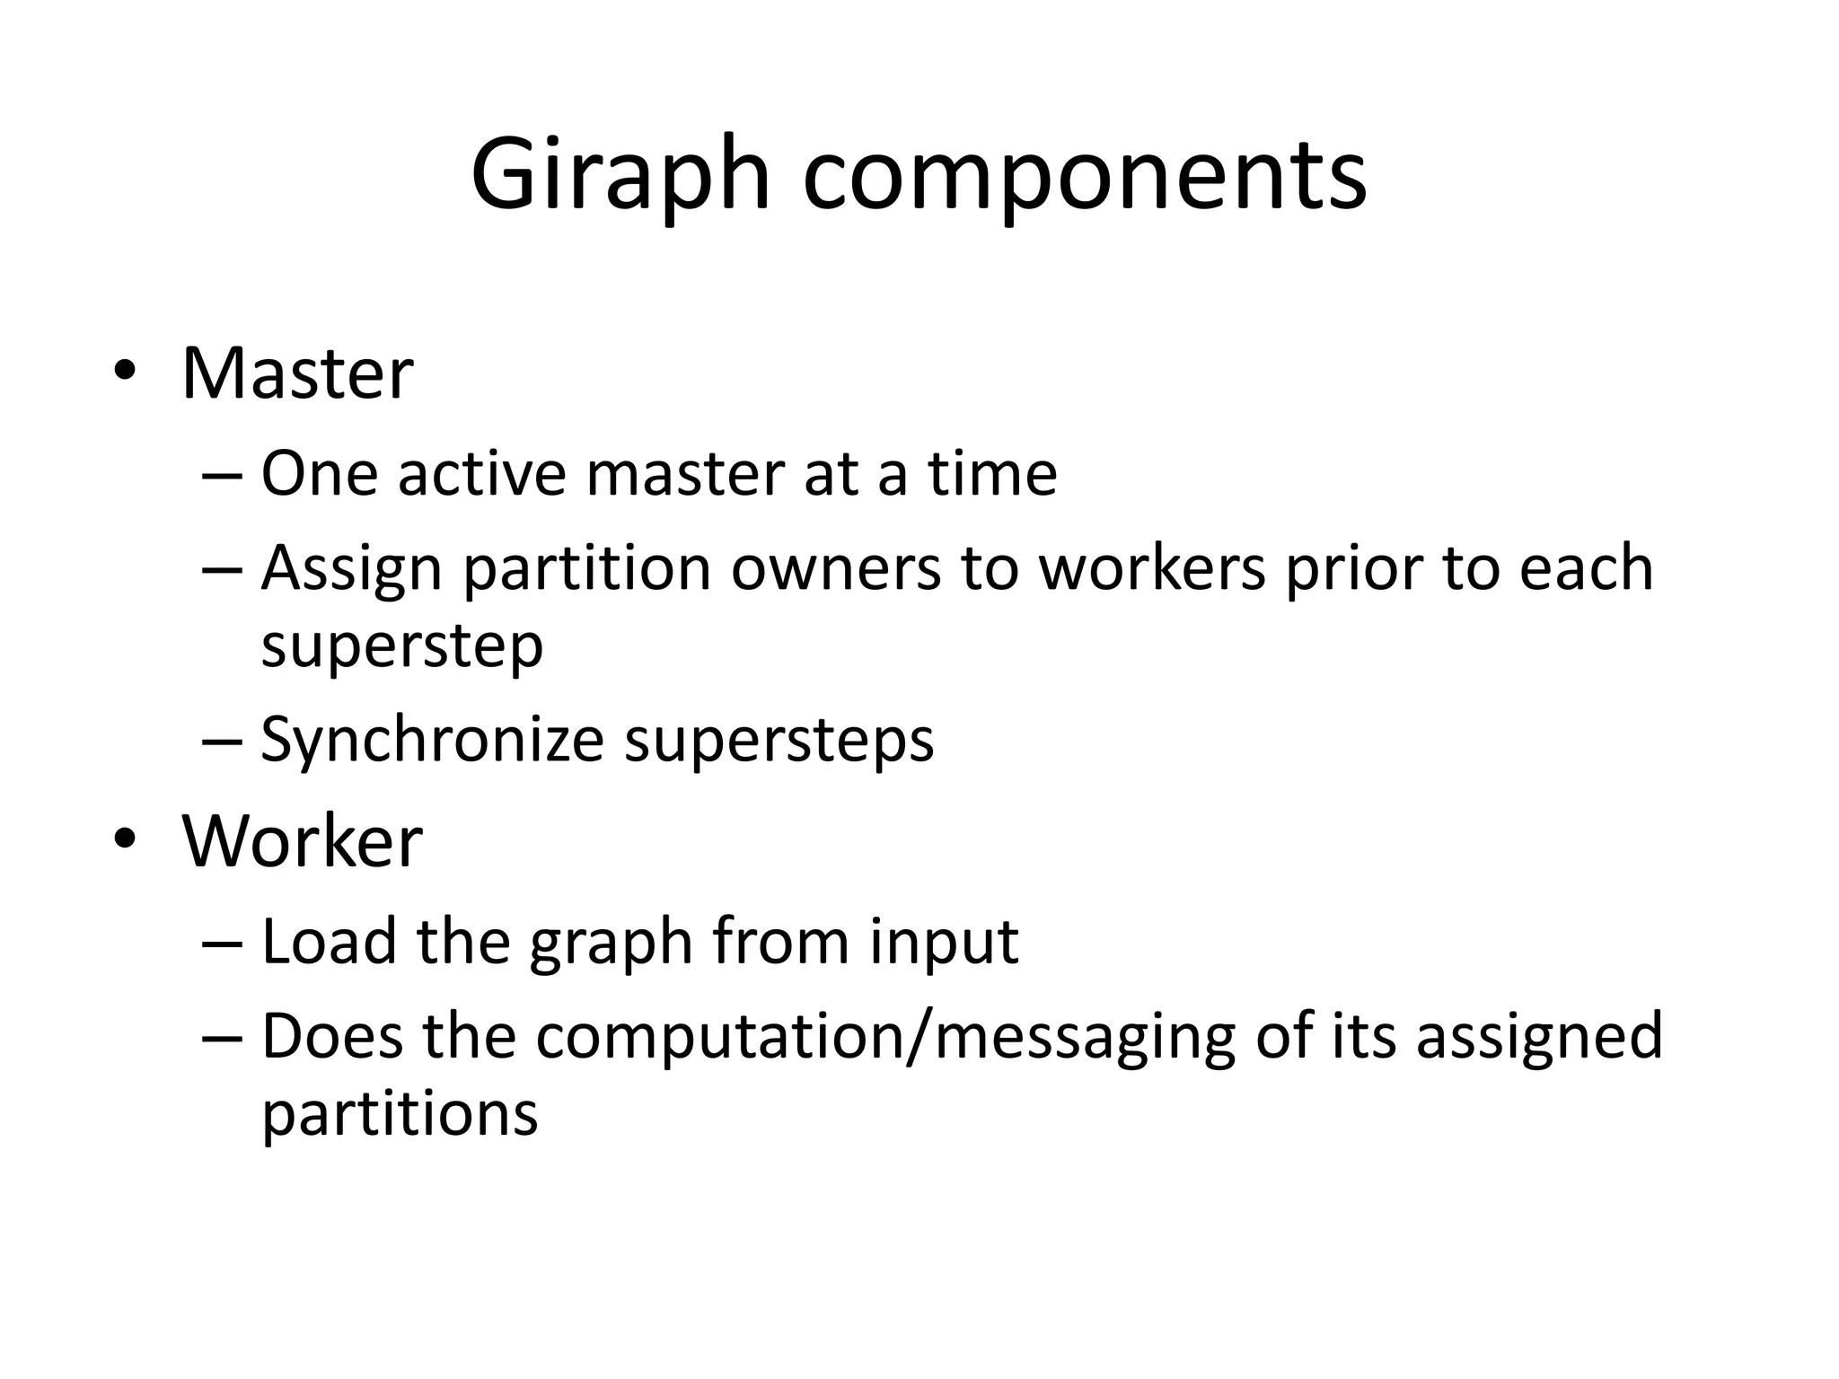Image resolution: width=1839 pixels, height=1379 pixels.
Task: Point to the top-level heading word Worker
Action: (302, 841)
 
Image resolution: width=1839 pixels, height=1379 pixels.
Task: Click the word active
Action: (482, 473)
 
